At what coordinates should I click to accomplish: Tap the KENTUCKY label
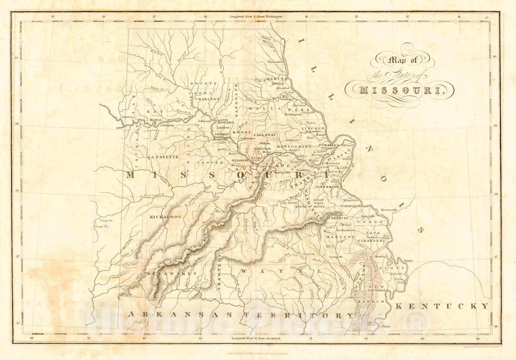coord(442,306)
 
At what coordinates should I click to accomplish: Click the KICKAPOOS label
coord(165,217)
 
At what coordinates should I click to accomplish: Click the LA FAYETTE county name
coord(163,157)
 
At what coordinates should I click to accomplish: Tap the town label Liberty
coord(127,117)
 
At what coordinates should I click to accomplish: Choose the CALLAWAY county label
coord(265,135)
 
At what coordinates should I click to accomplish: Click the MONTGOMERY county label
coord(294,146)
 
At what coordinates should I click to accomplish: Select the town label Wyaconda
coord(275,62)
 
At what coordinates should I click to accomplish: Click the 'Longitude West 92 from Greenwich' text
coord(256,338)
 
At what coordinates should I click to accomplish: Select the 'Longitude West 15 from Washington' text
coord(256,16)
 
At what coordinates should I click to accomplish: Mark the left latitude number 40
coord(17,58)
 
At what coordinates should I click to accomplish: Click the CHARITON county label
coord(208,99)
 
